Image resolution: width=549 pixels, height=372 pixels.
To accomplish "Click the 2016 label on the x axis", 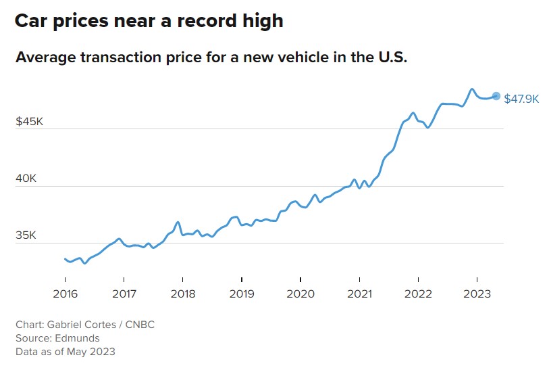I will coord(65,294).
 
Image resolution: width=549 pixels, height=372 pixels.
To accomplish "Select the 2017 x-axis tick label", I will coord(124,294).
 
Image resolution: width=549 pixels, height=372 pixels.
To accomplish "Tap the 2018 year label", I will coord(183,294).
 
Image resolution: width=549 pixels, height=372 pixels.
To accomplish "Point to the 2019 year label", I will coord(242,294).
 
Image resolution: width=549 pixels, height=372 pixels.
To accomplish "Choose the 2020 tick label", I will coord(300,294).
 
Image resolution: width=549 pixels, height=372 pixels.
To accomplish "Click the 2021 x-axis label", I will coord(359,294).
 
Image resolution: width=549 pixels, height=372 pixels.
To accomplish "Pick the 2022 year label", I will coord(418,294).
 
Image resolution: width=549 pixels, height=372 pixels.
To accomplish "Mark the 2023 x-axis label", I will coord(477,294).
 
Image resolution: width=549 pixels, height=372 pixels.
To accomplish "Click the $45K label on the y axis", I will coord(30,122).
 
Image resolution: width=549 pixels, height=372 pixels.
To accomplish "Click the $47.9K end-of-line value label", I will coord(521,99).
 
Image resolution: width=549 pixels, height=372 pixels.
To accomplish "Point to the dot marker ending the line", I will coord(496,96).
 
